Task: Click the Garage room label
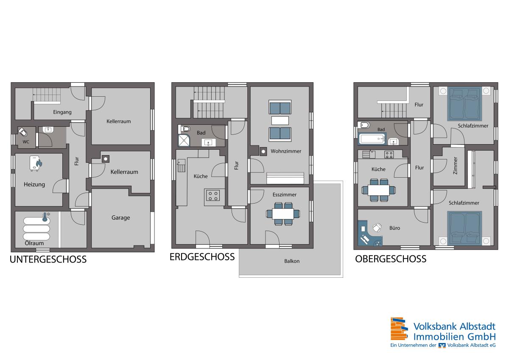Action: [x=120, y=218]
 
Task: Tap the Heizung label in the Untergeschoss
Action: [x=34, y=184]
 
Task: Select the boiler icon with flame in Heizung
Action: [x=36, y=163]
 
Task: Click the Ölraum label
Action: [x=34, y=243]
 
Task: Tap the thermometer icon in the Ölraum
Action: [x=45, y=217]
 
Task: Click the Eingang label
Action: [x=62, y=112]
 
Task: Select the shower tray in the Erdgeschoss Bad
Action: [x=184, y=140]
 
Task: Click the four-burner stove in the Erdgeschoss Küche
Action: [x=213, y=195]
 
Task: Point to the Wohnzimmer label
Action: [x=286, y=151]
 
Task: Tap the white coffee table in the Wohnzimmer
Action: [x=280, y=120]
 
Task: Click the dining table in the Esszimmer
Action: [x=283, y=214]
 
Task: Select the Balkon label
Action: [x=292, y=261]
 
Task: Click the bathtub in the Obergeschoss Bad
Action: [x=372, y=139]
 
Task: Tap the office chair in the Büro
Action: [x=377, y=228]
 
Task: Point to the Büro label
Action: [x=394, y=228]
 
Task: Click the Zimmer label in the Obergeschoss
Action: [x=455, y=165]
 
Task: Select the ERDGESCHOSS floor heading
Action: [x=202, y=257]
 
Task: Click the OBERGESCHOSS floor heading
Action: [x=391, y=259]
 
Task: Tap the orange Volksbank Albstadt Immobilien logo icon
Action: [x=399, y=329]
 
